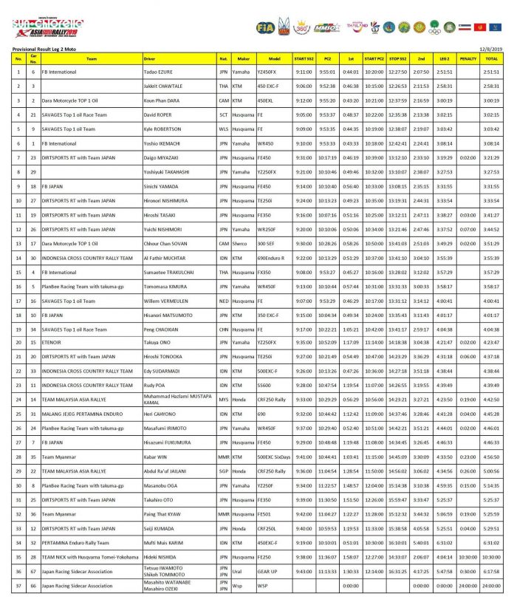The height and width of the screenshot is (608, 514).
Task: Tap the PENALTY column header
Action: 468,58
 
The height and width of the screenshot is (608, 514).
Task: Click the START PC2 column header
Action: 374,58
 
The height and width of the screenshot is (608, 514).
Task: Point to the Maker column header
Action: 243,58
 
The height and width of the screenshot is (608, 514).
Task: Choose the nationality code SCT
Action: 223,115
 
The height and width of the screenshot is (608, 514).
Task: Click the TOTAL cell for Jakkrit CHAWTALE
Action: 491,86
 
